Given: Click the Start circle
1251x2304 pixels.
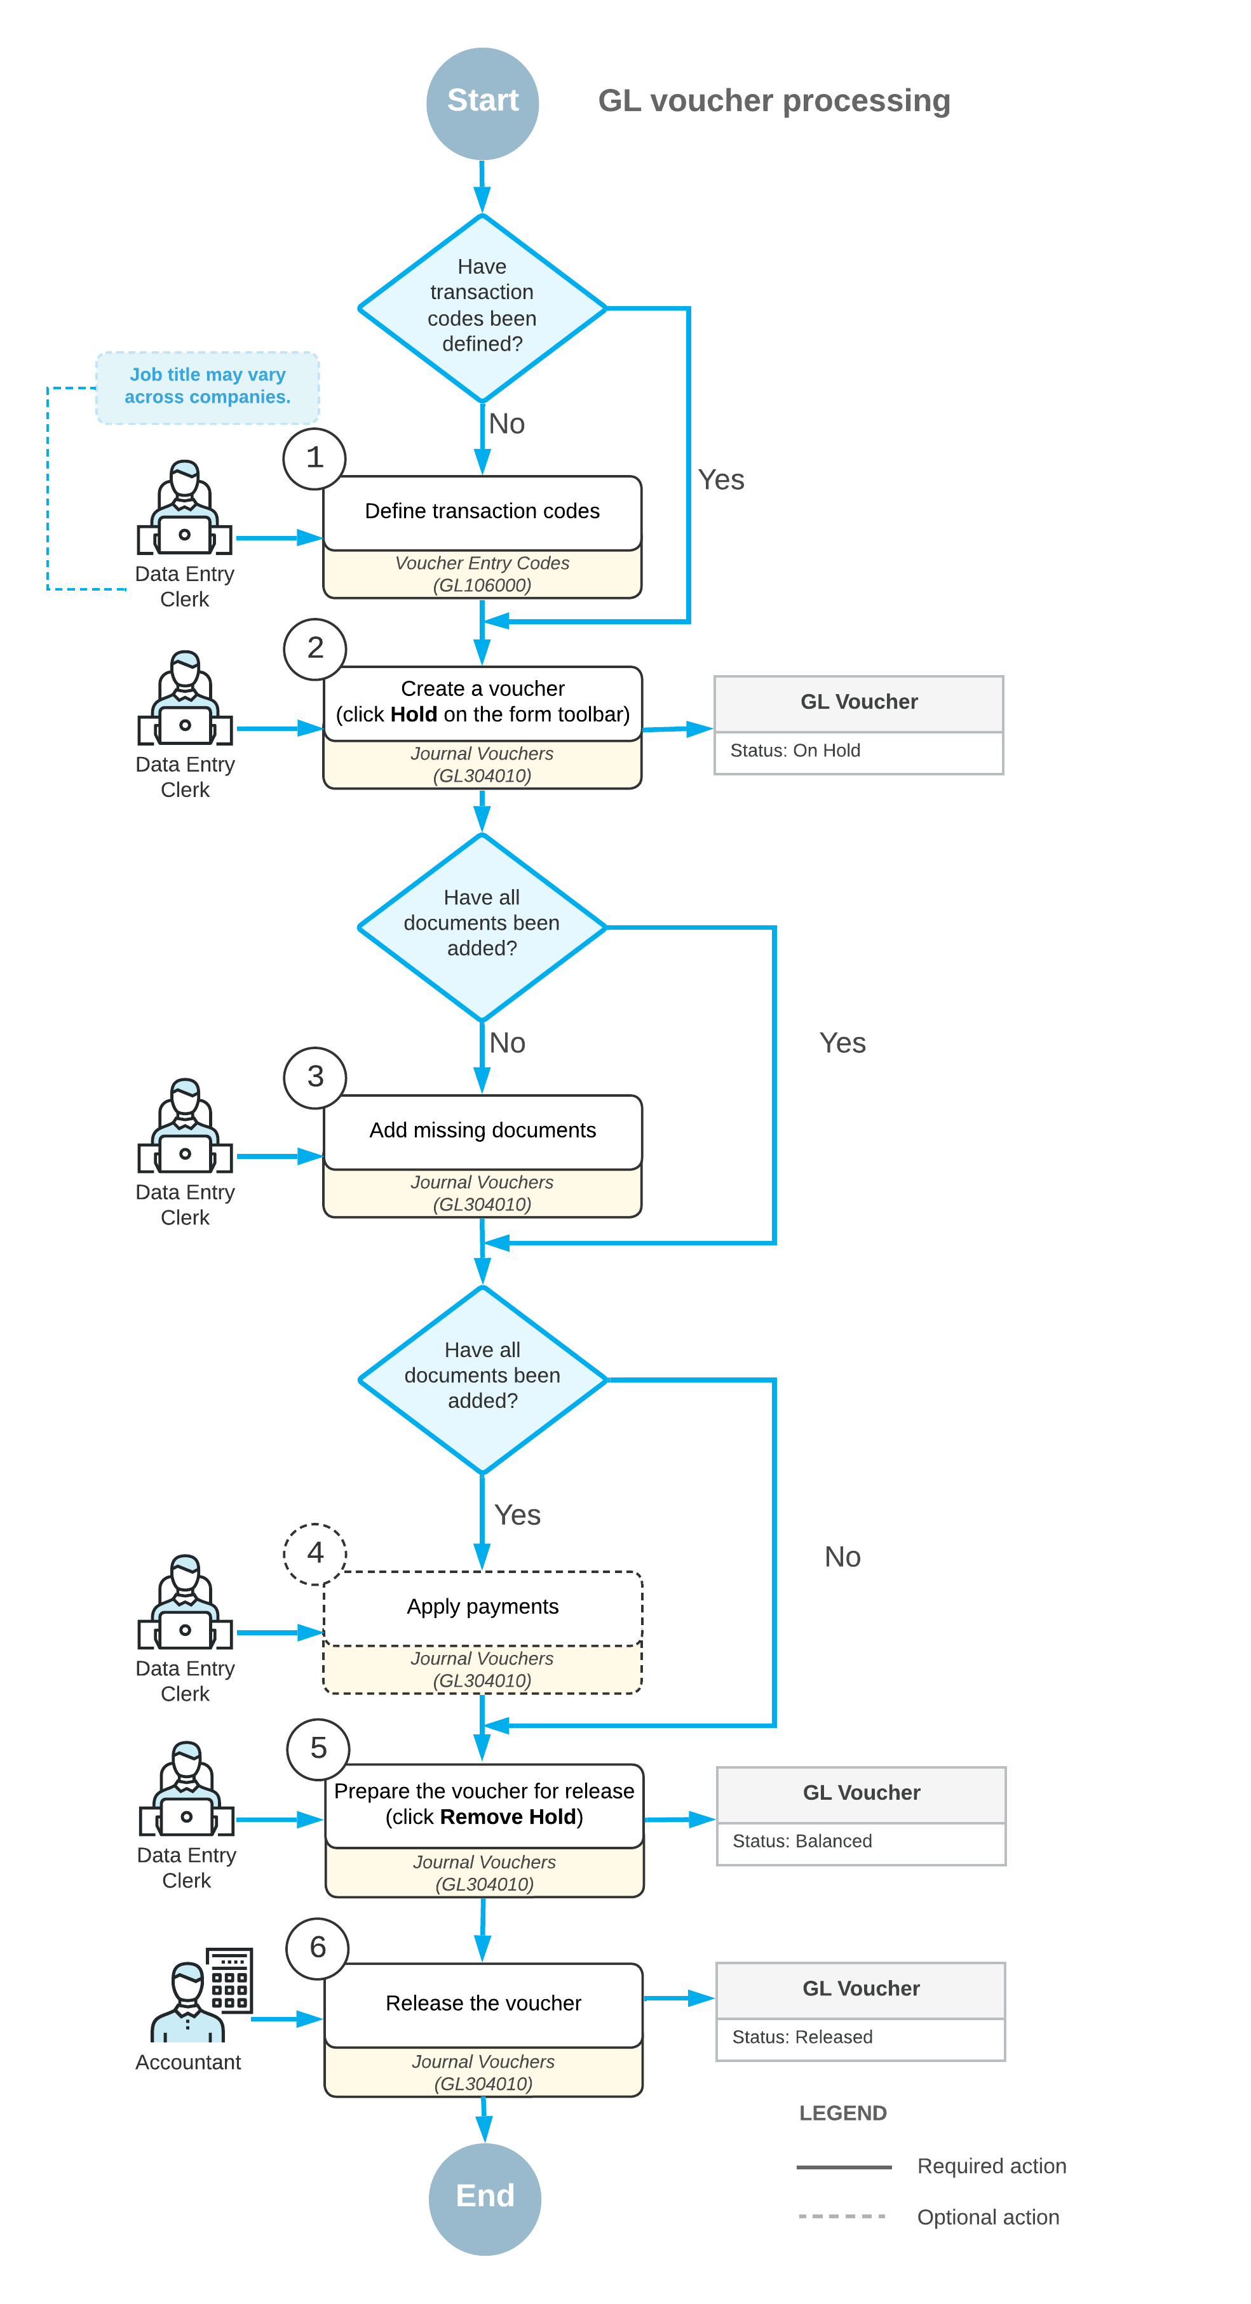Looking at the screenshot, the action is tap(482, 103).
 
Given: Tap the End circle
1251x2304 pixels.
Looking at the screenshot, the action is tap(484, 2199).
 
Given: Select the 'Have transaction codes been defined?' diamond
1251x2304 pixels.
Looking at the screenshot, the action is tap(482, 307).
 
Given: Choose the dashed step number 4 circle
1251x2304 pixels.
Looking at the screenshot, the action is tap(315, 1553).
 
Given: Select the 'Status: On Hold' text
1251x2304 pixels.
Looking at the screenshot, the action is tap(795, 751).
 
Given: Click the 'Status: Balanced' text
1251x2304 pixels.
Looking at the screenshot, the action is tap(802, 1840).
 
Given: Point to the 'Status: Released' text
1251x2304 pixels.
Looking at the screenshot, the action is tap(802, 2037).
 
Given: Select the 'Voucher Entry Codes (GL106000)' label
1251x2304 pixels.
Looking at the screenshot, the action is tap(482, 574).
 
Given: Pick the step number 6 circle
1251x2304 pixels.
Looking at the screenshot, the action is tap(318, 1948).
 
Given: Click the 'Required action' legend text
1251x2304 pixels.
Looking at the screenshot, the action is tap(992, 2166).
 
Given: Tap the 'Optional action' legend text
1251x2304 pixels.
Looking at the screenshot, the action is tap(988, 2217).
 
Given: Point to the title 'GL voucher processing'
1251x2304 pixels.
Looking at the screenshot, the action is tap(774, 101).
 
